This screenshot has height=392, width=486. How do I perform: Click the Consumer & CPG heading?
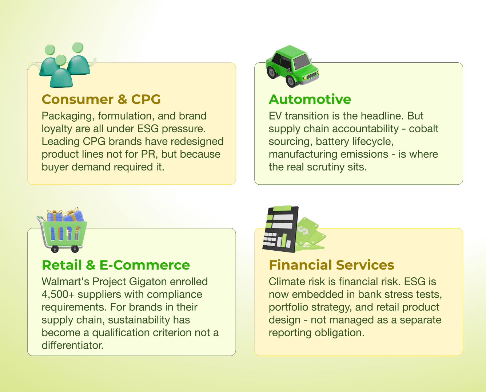tap(101, 99)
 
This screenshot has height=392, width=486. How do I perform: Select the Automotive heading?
tap(310, 99)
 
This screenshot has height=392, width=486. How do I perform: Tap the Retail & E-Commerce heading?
tap(116, 265)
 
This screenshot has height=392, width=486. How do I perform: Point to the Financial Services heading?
tap(331, 265)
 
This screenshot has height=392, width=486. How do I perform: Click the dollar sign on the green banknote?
tap(303, 230)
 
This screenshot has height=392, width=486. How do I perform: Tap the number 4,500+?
tap(58, 294)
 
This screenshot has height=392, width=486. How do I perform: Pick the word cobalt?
tap(424, 129)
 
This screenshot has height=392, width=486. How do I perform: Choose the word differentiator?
tap(72, 345)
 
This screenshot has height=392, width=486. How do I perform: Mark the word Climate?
tap(287, 282)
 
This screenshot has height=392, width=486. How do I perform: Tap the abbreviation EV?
tap(275, 116)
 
